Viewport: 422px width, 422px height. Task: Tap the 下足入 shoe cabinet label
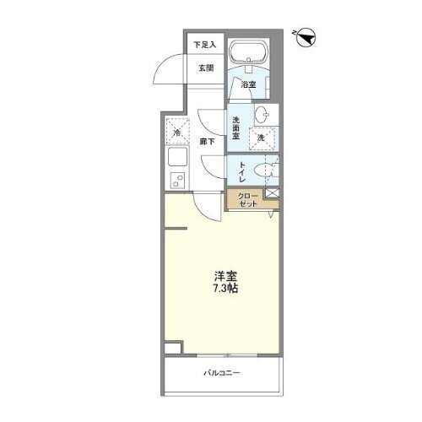coord(204,44)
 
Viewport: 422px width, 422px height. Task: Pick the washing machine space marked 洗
coord(262,136)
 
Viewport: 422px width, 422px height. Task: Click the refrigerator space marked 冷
coord(176,133)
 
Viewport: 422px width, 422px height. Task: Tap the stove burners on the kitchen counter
coord(177,179)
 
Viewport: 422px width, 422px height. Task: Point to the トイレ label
coord(241,171)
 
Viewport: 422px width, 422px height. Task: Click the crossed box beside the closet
coord(271,195)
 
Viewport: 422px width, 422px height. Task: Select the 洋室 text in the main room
coord(223,274)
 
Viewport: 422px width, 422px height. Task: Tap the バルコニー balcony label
coord(221,371)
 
